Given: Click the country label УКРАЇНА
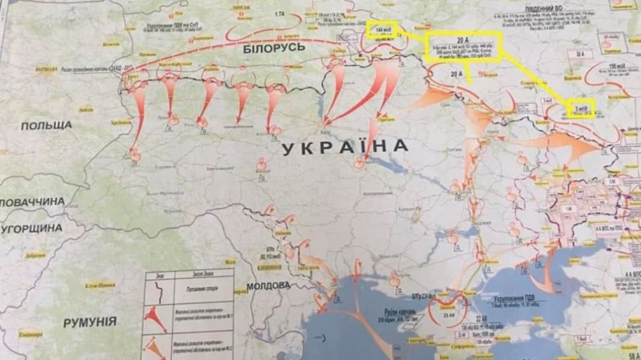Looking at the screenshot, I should [x=345, y=148].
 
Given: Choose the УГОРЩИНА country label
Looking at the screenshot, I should [x=32, y=227].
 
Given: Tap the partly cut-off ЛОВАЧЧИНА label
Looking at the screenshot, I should [x=32, y=201].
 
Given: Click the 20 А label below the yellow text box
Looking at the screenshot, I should [x=447, y=74].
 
